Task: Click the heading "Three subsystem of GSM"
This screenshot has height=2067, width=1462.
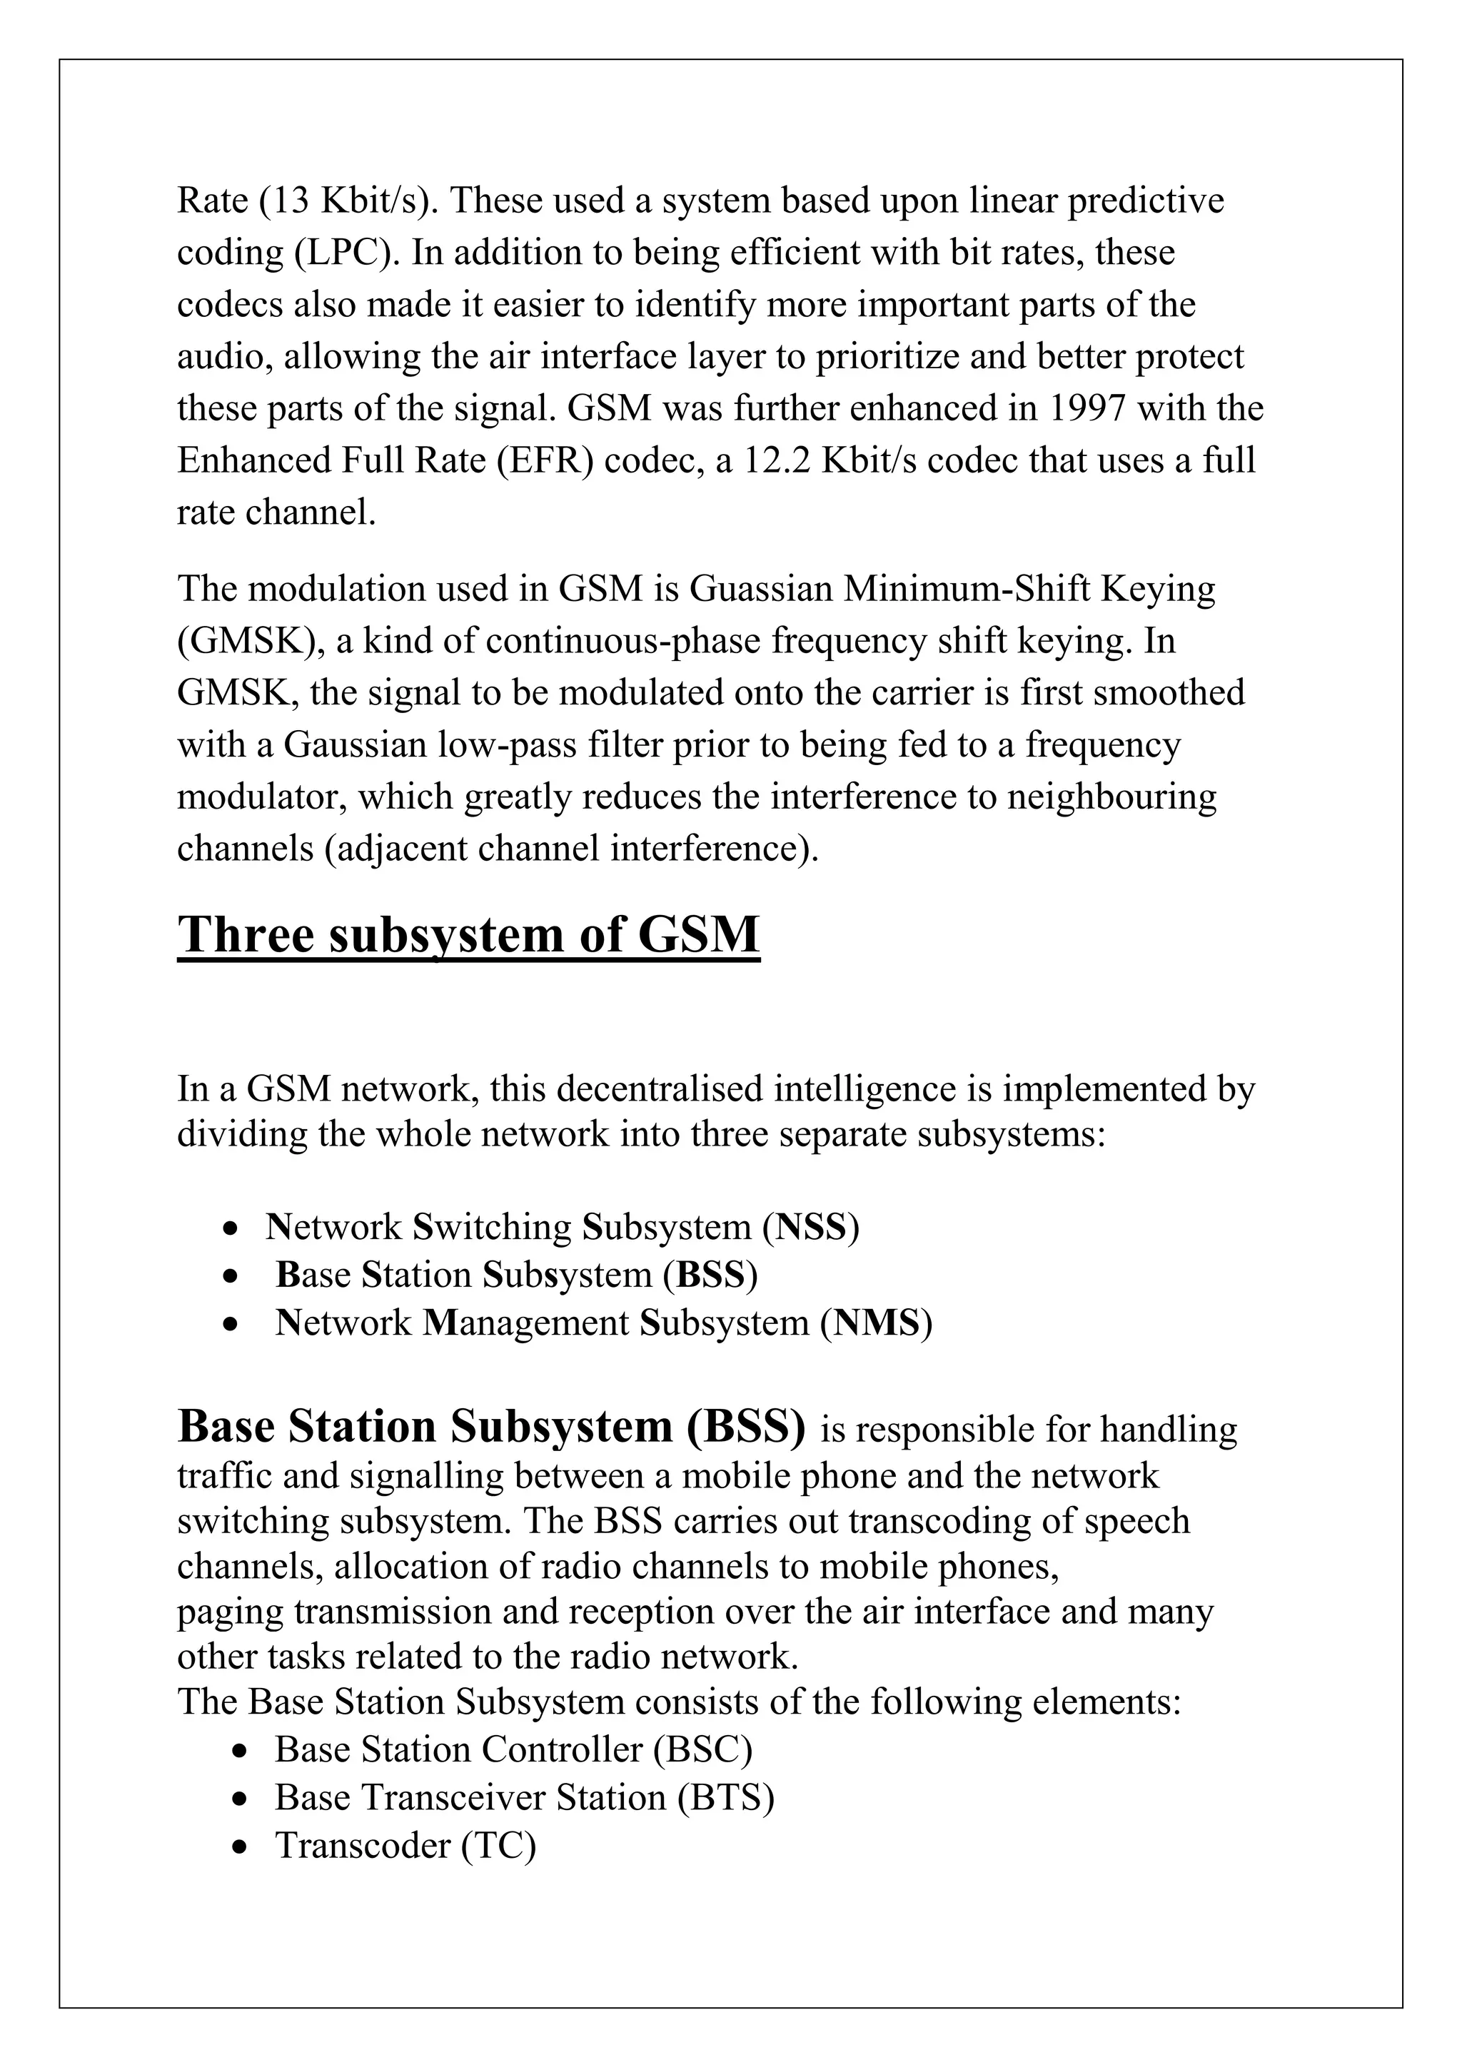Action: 468,936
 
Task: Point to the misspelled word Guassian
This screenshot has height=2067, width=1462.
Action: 761,589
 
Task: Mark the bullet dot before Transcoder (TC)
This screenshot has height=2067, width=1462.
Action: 238,1847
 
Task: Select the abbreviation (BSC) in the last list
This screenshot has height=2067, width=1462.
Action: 703,1749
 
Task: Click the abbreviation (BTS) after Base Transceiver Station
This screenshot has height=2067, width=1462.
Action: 725,1798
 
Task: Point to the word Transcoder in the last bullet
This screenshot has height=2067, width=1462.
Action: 363,1846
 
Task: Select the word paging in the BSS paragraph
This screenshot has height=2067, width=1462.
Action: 230,1612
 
